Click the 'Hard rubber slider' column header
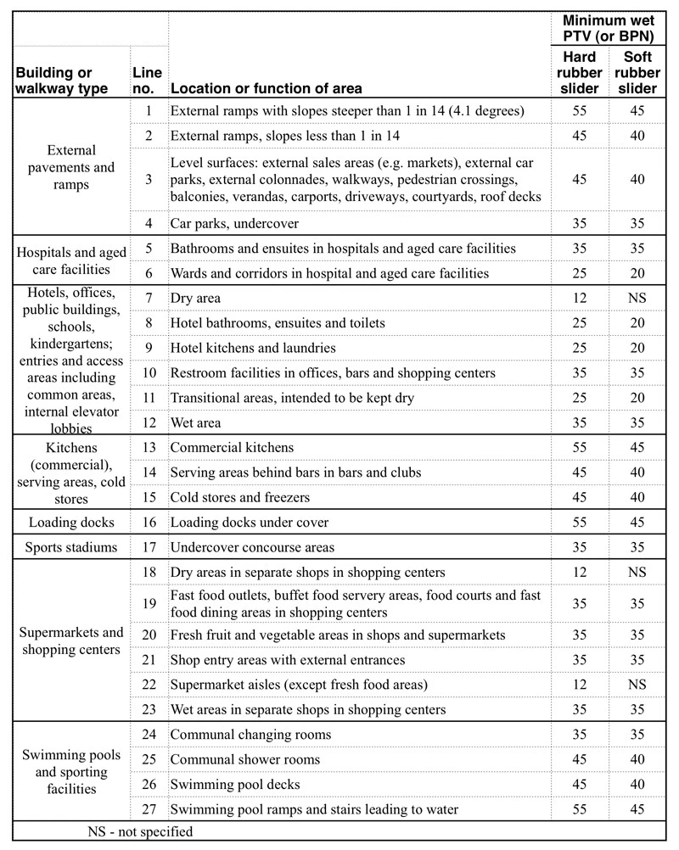[580, 72]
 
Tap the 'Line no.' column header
[147, 81]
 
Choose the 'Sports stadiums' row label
[71, 547]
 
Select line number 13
[149, 447]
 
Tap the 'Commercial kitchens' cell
[232, 447]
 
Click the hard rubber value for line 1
[580, 111]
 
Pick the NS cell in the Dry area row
[637, 299]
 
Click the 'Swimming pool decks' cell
[235, 785]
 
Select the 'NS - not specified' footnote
[140, 831]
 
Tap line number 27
[149, 809]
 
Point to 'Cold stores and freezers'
[240, 497]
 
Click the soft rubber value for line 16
[637, 523]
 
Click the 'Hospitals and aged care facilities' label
[71, 260]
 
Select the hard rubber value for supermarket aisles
[580, 685]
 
